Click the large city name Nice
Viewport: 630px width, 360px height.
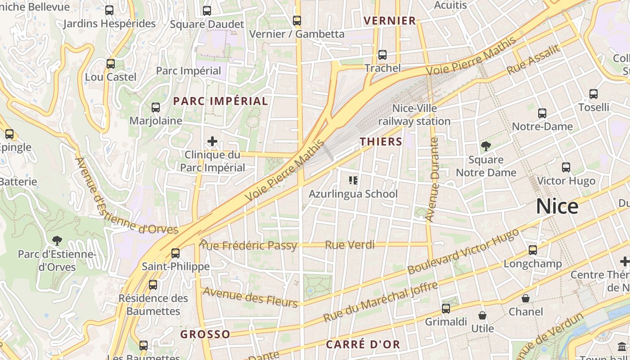click(557, 207)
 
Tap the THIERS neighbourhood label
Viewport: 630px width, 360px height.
click(381, 142)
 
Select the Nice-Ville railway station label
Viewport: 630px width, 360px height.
click(414, 115)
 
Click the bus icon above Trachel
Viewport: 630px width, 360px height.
click(382, 55)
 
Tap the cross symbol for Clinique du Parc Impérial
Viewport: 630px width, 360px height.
click(212, 142)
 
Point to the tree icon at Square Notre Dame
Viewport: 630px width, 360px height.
click(486, 146)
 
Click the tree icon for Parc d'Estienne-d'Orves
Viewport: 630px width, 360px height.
click(57, 241)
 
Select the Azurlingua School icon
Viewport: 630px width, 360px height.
click(353, 180)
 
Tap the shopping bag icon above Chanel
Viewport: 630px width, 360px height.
click(525, 298)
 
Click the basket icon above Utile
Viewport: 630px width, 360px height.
click(482, 315)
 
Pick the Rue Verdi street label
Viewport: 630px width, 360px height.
click(350, 245)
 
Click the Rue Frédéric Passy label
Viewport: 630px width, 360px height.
click(248, 245)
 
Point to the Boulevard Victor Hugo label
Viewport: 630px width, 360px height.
click(463, 252)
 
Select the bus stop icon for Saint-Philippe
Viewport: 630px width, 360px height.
click(175, 253)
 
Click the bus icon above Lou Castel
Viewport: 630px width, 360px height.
click(111, 64)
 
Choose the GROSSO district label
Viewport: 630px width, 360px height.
click(205, 334)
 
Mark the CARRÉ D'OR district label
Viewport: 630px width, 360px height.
click(363, 344)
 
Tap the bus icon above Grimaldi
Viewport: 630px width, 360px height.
click(446, 309)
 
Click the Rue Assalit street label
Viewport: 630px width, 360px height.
click(534, 60)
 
